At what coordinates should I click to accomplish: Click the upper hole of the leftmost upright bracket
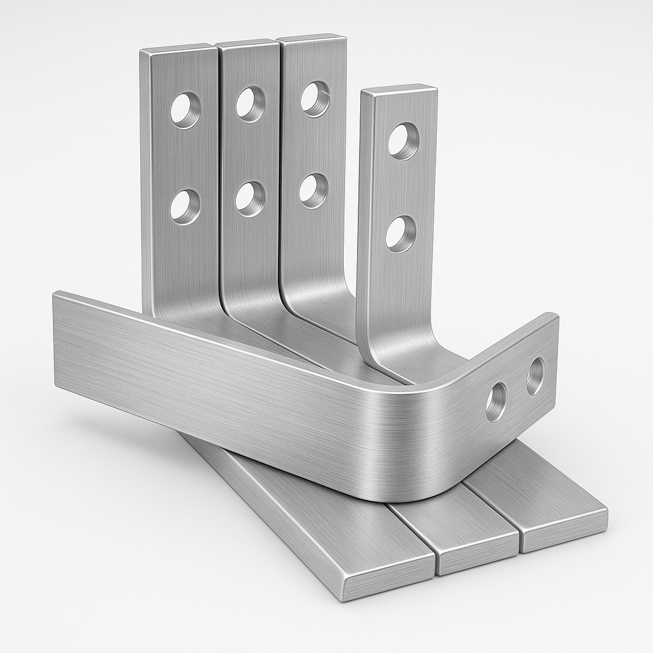[185, 110]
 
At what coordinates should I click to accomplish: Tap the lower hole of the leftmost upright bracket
[185, 207]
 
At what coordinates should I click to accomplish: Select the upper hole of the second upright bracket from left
[250, 103]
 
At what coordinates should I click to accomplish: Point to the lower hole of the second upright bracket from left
[250, 198]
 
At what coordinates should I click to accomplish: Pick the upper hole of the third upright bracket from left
[315, 98]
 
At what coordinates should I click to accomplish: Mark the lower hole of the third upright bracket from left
[313, 190]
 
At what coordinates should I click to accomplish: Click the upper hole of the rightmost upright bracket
[403, 141]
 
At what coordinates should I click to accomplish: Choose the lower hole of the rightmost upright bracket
[400, 234]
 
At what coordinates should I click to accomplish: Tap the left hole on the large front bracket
[496, 402]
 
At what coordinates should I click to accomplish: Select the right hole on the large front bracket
[535, 376]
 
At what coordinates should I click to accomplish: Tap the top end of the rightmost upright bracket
[399, 90]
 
